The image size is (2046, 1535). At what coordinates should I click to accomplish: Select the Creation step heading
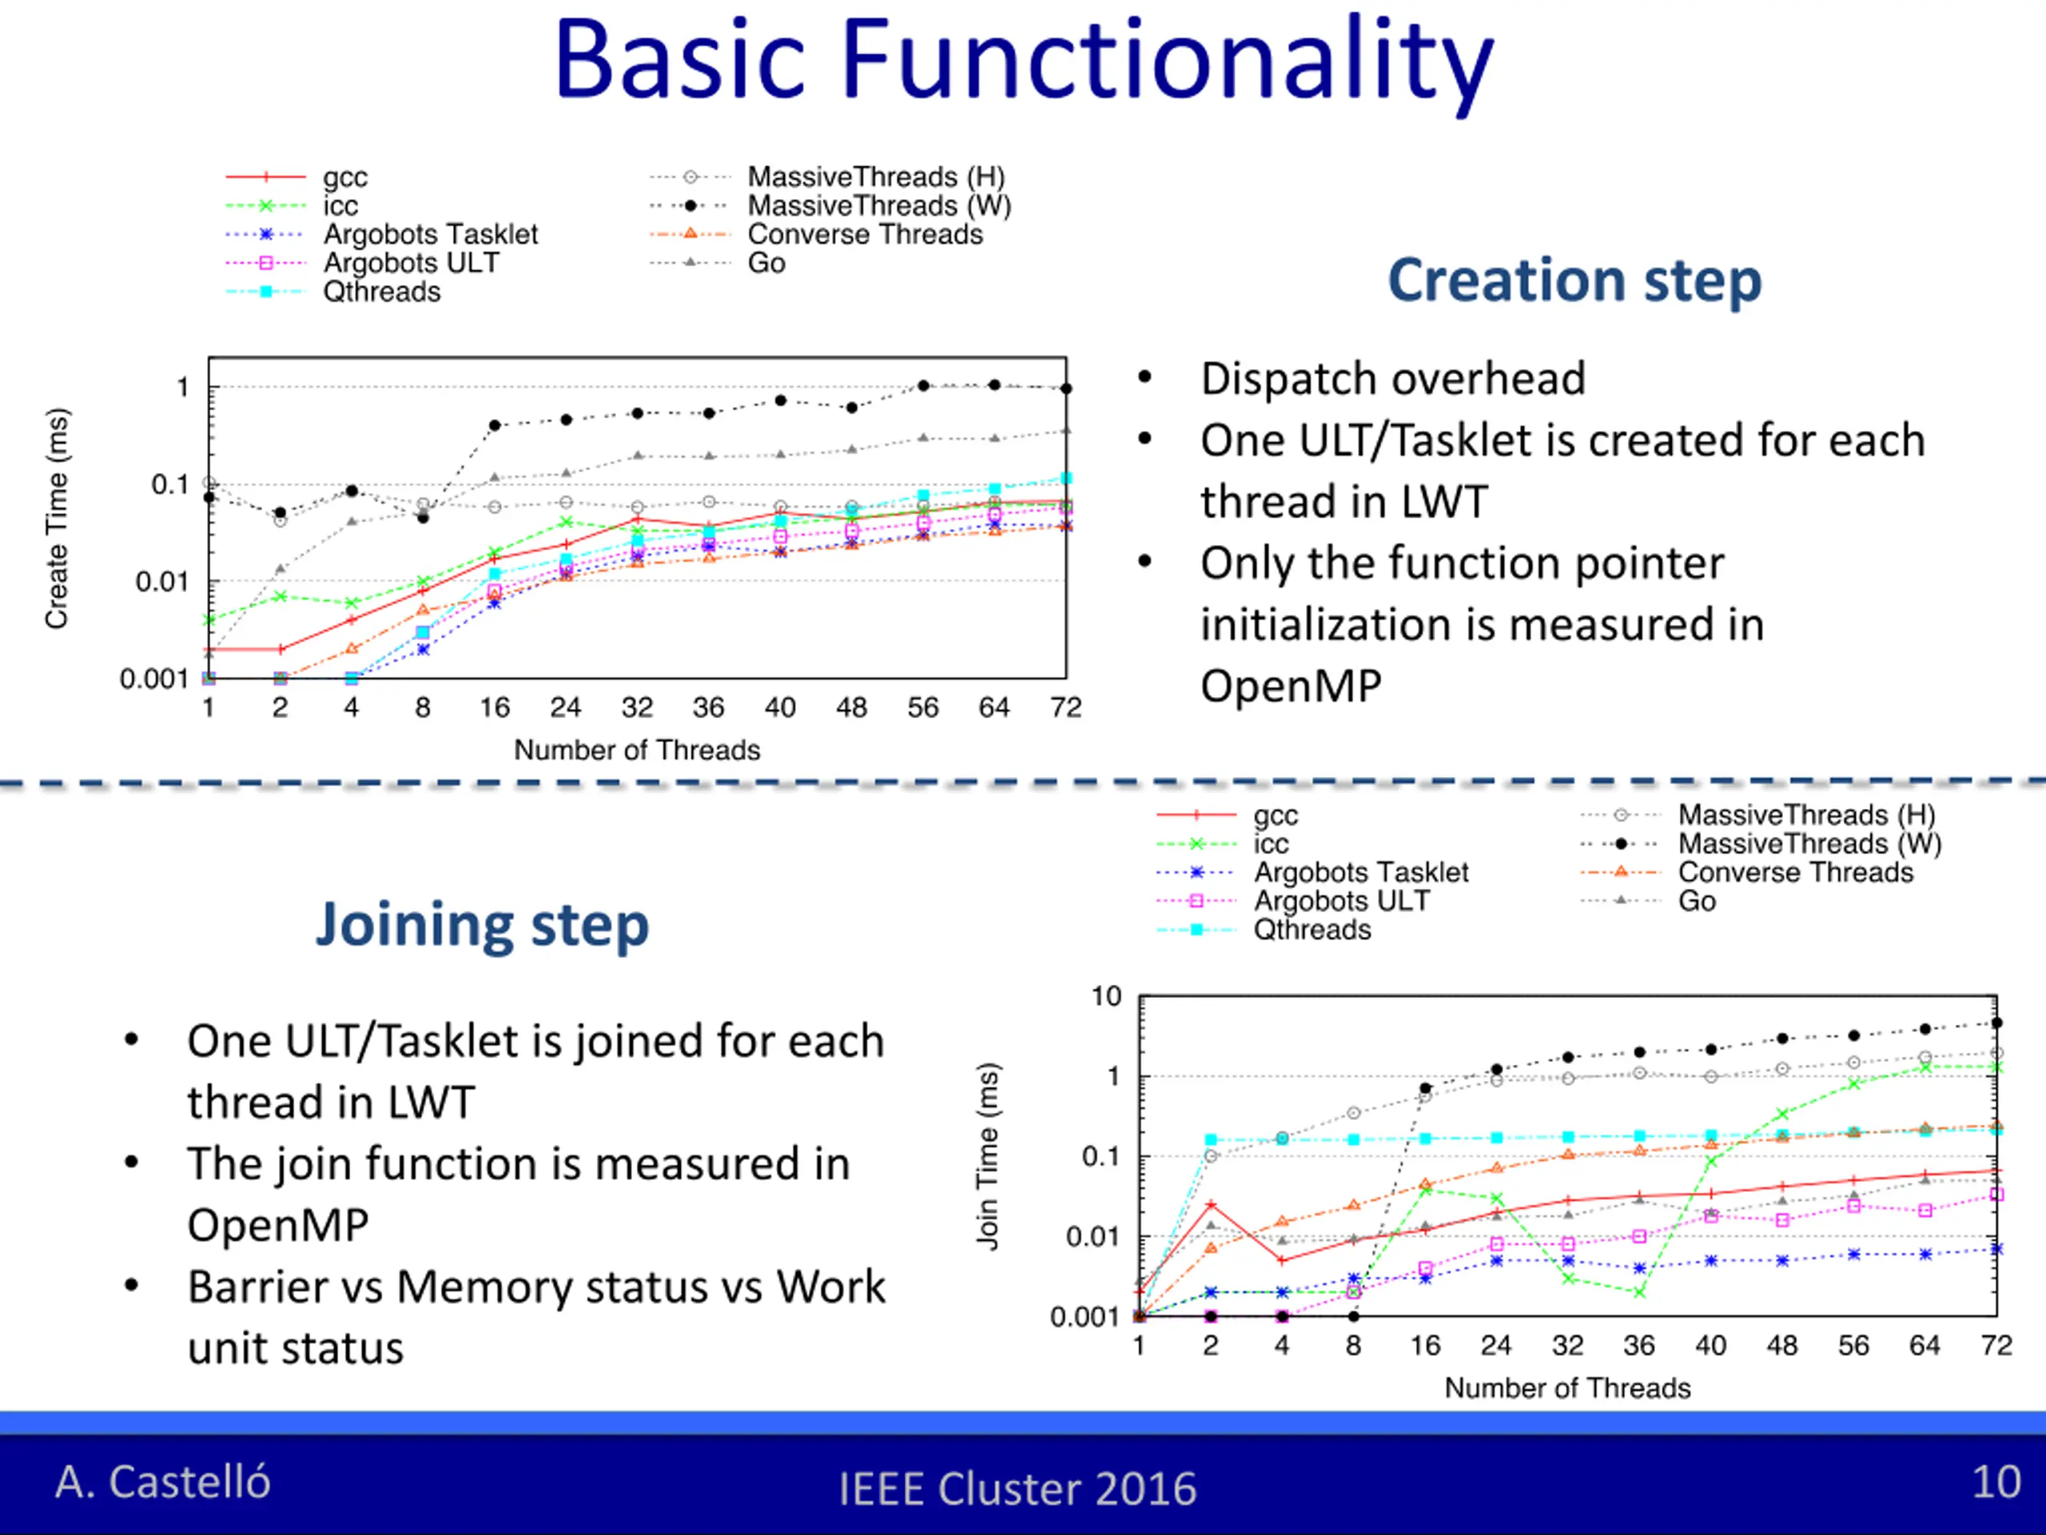tap(1574, 281)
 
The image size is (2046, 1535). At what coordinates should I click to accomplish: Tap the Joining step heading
tap(482, 925)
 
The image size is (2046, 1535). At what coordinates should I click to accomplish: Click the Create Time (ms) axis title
tap(57, 518)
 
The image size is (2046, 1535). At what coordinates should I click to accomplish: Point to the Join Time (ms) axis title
tap(988, 1157)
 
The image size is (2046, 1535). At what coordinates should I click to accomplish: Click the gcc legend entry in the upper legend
tap(345, 177)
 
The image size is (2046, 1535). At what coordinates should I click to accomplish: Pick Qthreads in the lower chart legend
tap(1312, 929)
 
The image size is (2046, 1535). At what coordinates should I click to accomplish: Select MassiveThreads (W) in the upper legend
tap(878, 205)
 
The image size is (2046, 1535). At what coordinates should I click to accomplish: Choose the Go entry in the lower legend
tap(1697, 900)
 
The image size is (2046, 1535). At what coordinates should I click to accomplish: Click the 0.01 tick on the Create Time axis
tap(162, 581)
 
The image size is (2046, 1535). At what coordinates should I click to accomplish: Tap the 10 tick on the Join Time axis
tap(1106, 996)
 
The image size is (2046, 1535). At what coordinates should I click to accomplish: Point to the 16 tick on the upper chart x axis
tap(494, 708)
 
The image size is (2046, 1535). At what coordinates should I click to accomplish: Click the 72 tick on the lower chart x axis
tap(1996, 1346)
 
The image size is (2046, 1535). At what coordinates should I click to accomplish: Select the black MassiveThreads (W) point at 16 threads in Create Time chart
tap(495, 425)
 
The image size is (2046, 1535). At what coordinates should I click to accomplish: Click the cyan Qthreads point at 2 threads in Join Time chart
tap(1211, 1140)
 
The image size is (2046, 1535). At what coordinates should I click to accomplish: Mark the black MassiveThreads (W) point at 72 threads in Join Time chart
tap(1997, 1023)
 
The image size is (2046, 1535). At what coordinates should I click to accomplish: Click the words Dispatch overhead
tap(1393, 378)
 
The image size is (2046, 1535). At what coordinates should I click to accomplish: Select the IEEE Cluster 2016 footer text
tap(1017, 1489)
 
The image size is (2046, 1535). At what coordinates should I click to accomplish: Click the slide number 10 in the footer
tap(1996, 1481)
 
